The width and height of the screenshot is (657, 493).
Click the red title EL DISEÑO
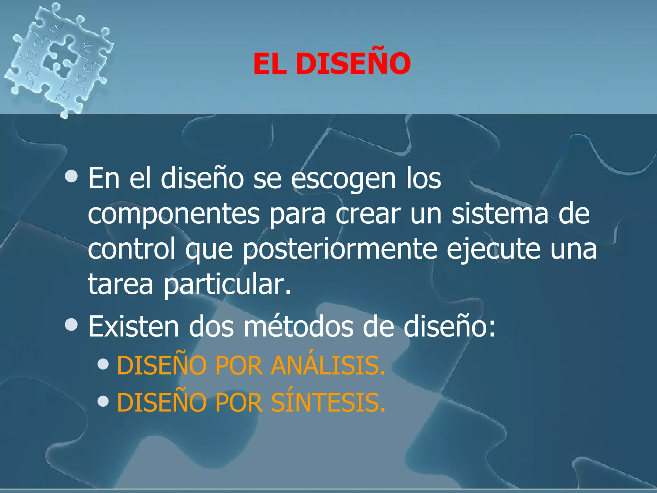tap(332, 64)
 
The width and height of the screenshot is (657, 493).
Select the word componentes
tap(174, 214)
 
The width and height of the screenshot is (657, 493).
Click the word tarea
tap(121, 284)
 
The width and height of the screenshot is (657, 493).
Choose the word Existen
tap(133, 327)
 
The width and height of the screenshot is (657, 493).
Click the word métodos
tap(298, 327)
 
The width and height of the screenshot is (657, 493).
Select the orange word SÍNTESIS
tap(328, 402)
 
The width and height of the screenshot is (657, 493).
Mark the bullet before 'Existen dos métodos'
tap(71, 324)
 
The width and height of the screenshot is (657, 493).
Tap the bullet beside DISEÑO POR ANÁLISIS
tap(103, 364)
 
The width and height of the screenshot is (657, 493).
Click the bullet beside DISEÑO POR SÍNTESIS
tap(103, 401)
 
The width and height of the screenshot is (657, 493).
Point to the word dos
tap(211, 327)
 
